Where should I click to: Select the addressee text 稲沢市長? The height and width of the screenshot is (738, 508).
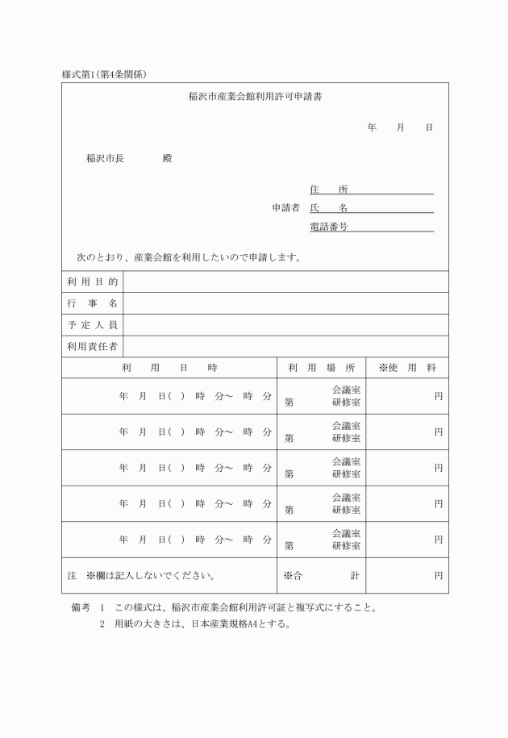pyautogui.click(x=105, y=158)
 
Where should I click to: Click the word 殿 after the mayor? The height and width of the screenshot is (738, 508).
pyautogui.click(x=167, y=158)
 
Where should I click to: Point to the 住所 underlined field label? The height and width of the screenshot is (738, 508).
pyautogui.click(x=329, y=190)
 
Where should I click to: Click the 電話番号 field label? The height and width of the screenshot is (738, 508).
pyautogui.click(x=329, y=227)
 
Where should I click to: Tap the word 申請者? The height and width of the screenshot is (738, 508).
pyautogui.click(x=285, y=208)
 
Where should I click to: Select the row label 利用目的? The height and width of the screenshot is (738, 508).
pyautogui.click(x=93, y=281)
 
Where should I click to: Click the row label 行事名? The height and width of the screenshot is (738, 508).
pyautogui.click(x=93, y=303)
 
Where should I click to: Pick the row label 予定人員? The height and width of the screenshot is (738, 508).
pyautogui.click(x=93, y=325)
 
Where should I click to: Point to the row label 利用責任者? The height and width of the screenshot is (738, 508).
pyautogui.click(x=93, y=347)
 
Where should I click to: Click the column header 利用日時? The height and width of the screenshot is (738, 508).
pyautogui.click(x=169, y=368)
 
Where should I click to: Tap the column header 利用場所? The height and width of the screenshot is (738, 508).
pyautogui.click(x=321, y=368)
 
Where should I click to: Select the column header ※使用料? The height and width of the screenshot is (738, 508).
pyautogui.click(x=407, y=368)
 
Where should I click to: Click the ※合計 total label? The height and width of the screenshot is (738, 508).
pyautogui.click(x=321, y=576)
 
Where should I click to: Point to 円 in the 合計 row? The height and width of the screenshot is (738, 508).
pyautogui.click(x=439, y=576)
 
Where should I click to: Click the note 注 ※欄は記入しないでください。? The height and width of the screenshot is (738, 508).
pyautogui.click(x=140, y=576)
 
